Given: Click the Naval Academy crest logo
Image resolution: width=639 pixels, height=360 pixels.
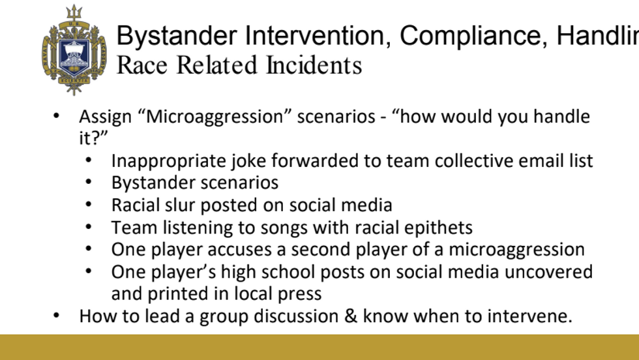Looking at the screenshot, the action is click(x=74, y=50).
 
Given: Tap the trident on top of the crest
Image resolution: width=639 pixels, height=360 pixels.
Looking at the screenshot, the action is click(x=74, y=12).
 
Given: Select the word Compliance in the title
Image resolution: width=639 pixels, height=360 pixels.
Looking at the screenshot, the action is click(x=473, y=37).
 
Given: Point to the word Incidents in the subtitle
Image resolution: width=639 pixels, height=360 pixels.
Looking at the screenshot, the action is click(x=314, y=65).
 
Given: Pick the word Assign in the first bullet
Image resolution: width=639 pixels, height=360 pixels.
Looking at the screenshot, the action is click(x=106, y=117).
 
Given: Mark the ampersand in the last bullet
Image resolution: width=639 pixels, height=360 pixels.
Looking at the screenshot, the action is click(x=351, y=316).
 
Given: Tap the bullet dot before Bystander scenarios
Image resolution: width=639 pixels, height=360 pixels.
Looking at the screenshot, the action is click(x=89, y=183).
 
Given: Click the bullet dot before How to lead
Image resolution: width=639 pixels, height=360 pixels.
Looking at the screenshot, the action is click(x=56, y=316).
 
